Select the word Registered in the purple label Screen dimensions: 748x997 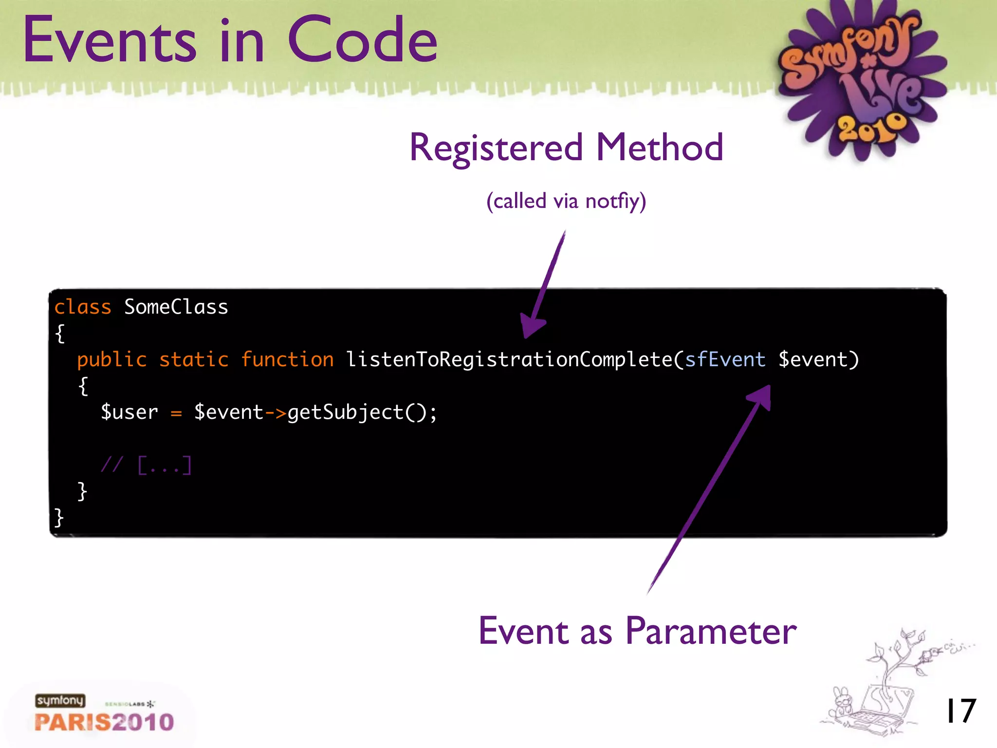(496, 148)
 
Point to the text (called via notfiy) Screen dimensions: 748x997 (566, 201)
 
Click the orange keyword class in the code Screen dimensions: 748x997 (83, 307)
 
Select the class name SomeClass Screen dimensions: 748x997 (176, 307)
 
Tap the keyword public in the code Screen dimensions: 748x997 (112, 360)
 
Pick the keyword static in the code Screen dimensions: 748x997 (194, 360)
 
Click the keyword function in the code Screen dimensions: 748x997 (287, 360)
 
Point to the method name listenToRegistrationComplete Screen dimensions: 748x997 (509, 360)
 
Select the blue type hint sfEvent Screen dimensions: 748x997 (725, 360)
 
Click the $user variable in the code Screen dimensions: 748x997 (129, 412)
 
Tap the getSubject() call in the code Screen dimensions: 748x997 (358, 412)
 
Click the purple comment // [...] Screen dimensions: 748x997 (146, 465)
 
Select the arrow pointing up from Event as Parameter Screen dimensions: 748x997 (711, 487)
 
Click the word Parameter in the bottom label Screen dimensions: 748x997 (711, 632)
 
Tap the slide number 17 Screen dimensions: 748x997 (960, 711)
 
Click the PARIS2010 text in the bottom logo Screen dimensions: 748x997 (104, 722)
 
